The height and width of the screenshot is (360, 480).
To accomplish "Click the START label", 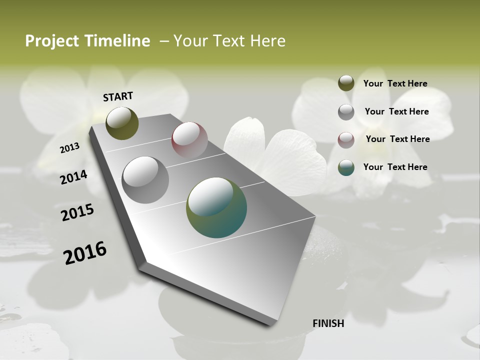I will click(118, 96).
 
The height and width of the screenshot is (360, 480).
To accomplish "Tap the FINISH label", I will click(328, 323).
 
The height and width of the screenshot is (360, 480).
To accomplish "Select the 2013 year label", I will click(69, 147).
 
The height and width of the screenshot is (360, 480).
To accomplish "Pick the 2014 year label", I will click(73, 177).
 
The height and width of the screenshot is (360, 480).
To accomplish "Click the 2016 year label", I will click(85, 253).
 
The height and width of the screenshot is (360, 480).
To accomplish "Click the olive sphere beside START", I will click(122, 123).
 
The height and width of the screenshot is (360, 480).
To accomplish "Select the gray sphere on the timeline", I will click(145, 179).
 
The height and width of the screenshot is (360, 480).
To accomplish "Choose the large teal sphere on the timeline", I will click(216, 207).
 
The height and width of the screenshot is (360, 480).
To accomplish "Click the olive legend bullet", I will click(346, 83).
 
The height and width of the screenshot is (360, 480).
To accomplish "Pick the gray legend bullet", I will click(346, 111).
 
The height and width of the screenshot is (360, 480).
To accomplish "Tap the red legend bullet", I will click(346, 139).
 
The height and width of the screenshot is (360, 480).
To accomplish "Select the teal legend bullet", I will click(346, 167).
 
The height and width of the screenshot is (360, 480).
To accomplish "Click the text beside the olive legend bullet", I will click(395, 83).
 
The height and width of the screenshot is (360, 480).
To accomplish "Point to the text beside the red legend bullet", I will click(397, 139).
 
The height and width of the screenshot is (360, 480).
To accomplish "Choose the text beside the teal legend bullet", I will click(395, 167).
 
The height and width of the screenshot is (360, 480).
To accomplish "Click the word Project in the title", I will click(52, 41).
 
